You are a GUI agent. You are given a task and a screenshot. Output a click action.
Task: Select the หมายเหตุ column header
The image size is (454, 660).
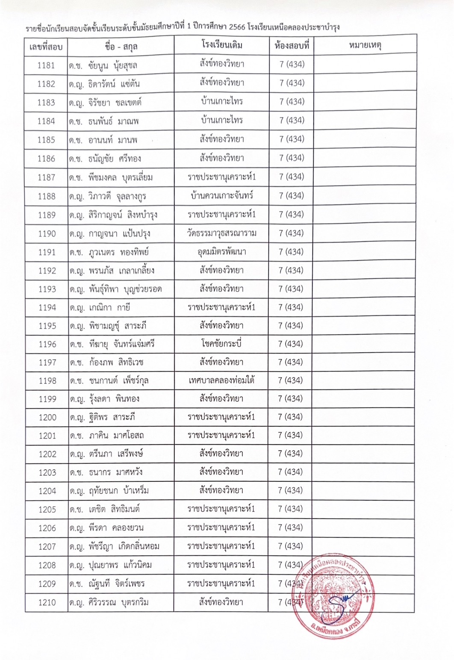click(365, 45)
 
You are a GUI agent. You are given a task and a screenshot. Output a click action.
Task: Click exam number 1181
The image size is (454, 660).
click(46, 65)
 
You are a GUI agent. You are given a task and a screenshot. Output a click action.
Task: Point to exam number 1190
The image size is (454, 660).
click(47, 234)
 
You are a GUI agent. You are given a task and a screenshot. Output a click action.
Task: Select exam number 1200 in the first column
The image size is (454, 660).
click(47, 418)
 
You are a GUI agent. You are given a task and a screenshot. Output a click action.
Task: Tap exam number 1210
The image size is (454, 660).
click(47, 603)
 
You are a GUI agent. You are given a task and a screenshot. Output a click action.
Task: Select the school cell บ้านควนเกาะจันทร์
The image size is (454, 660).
click(221, 196)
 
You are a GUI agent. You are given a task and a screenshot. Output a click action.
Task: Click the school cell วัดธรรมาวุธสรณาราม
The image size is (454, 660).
click(221, 233)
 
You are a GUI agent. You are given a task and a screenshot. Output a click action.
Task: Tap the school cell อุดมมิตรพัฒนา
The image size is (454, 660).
click(221, 252)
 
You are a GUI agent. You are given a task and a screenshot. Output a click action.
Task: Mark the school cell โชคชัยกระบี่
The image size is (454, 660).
click(221, 344)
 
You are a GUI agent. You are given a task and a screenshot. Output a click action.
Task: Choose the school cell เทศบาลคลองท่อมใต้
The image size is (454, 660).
click(221, 380)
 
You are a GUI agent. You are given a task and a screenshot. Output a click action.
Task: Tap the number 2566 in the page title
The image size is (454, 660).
click(237, 28)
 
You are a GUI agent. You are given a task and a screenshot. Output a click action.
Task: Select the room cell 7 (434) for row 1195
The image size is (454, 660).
click(291, 326)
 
